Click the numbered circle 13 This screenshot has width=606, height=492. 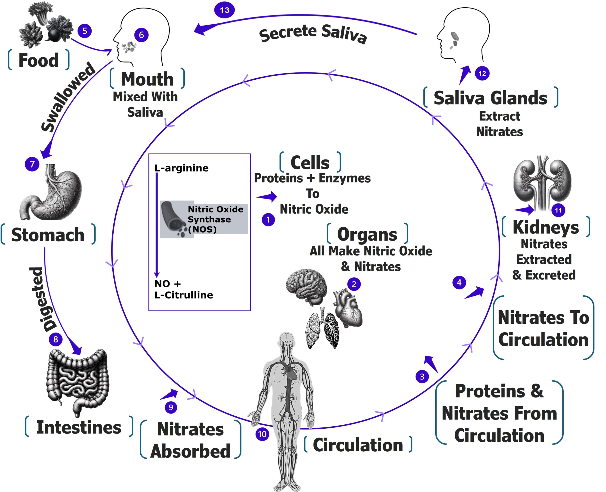pyautogui.click(x=224, y=10)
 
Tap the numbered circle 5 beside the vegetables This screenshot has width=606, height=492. pyautogui.click(x=85, y=31)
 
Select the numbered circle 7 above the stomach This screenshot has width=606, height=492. pyautogui.click(x=32, y=164)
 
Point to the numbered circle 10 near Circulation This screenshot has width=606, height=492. pyautogui.click(x=262, y=434)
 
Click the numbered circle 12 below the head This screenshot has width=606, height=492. pyautogui.click(x=482, y=73)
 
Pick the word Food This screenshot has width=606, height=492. pyautogui.click(x=39, y=60)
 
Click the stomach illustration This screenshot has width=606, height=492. pyautogui.click(x=51, y=193)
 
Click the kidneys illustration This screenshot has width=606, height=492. pyautogui.click(x=542, y=183)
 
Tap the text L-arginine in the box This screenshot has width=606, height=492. pyautogui.click(x=181, y=168)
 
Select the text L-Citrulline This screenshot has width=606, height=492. pyautogui.click(x=183, y=295)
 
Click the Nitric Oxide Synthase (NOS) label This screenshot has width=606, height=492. pyautogui.click(x=215, y=219)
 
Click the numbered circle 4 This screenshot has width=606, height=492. pyautogui.click(x=459, y=282)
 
